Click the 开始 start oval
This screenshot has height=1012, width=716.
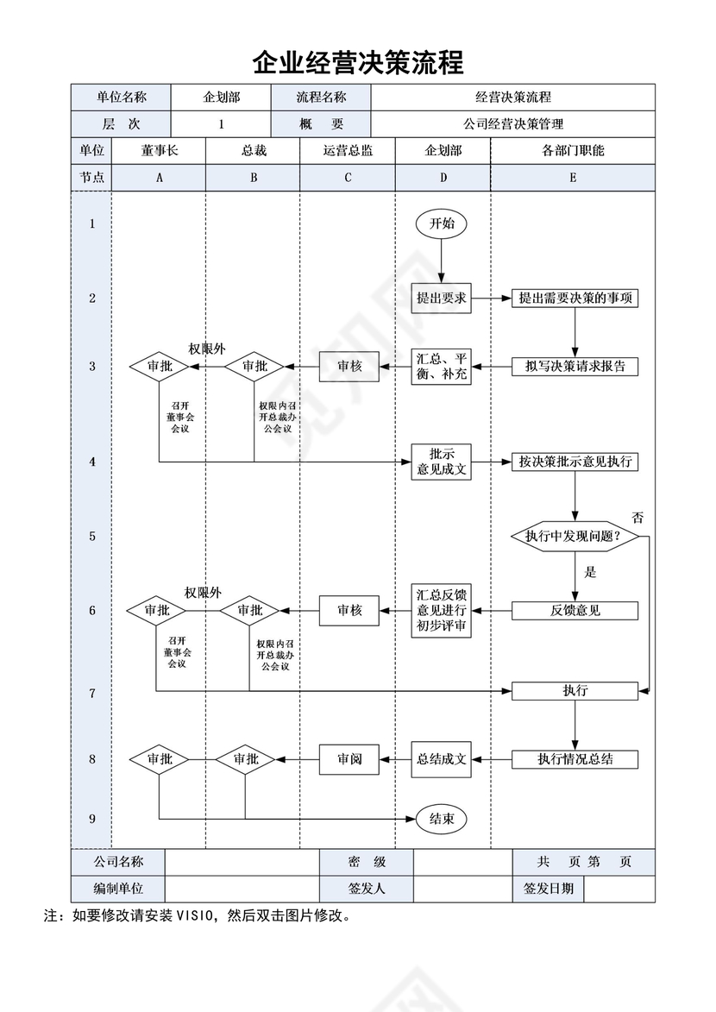(x=442, y=223)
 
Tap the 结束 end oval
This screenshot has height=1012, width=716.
(x=442, y=819)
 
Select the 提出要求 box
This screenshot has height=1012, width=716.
(x=442, y=299)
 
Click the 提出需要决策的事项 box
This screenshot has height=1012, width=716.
(x=575, y=299)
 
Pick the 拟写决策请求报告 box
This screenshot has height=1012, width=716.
(x=575, y=366)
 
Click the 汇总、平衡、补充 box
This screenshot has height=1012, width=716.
(x=442, y=366)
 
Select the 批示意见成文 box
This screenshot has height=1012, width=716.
(x=442, y=462)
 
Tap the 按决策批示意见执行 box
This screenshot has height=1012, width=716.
(x=575, y=462)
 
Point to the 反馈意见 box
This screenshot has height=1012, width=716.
(x=575, y=611)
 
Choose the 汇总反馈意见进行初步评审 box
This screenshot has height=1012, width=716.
(x=442, y=611)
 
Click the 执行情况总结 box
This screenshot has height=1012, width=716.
(x=575, y=759)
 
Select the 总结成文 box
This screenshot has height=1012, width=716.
(x=442, y=759)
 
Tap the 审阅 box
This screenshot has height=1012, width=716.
(x=349, y=759)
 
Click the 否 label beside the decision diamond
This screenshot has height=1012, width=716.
(x=637, y=518)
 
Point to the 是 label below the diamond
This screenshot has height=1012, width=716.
(x=591, y=571)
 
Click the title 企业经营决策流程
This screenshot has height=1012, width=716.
(x=358, y=63)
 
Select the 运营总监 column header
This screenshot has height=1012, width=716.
(x=348, y=150)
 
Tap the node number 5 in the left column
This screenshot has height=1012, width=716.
(x=92, y=537)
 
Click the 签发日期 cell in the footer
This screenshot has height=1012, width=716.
(x=548, y=888)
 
